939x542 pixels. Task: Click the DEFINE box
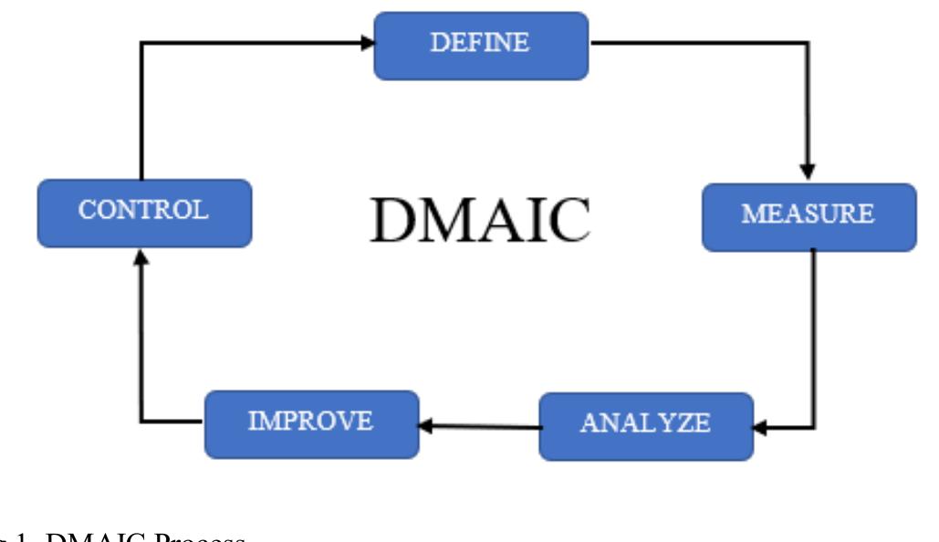(481, 45)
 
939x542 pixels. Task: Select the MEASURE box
(809, 217)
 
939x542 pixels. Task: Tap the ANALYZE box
(646, 425)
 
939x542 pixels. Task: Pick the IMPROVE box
(311, 423)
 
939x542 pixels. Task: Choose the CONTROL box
(144, 213)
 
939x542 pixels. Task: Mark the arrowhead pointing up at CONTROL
(141, 259)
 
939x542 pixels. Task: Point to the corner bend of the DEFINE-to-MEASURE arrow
(807, 43)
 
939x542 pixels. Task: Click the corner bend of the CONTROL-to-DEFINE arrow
(141, 42)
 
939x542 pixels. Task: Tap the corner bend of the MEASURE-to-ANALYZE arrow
(813, 426)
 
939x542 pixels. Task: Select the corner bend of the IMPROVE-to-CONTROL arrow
(141, 421)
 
